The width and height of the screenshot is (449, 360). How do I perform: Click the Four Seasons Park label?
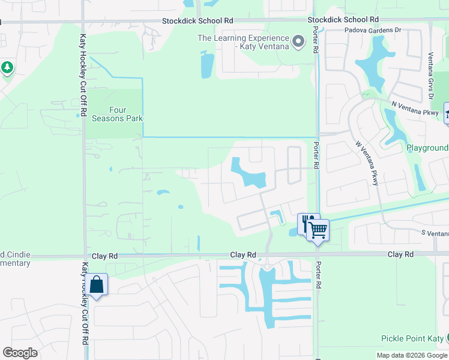117,114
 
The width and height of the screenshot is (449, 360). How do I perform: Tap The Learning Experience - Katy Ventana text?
243,42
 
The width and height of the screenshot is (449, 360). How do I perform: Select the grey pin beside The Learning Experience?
299,42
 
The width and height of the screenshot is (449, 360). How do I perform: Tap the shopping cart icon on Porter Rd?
318,229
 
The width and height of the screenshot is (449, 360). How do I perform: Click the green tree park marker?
7,68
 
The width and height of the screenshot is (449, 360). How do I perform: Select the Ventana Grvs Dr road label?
430,75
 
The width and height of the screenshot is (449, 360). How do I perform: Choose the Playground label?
427,148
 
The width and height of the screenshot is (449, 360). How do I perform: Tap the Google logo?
20,353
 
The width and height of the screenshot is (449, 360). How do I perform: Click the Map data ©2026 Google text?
411,355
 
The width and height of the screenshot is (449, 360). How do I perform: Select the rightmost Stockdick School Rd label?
342,20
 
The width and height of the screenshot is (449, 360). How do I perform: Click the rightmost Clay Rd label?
400,254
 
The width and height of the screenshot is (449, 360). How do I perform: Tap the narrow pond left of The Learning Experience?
206,65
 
